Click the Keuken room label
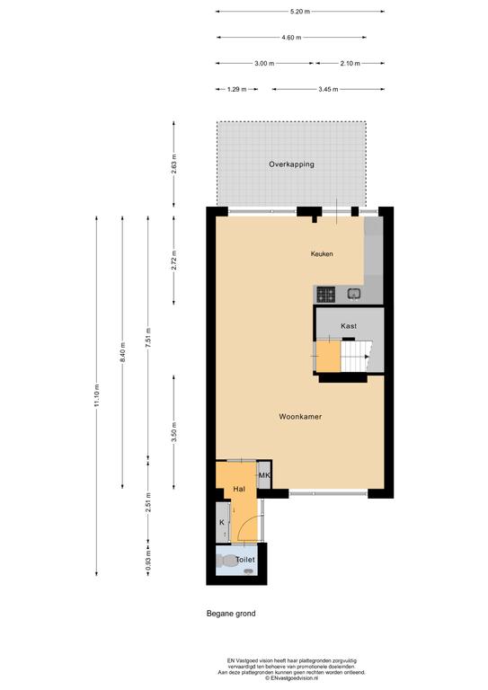[322, 254]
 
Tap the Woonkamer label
[300, 417]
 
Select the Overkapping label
[291, 164]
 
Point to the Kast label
[349, 325]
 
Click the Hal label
[239, 488]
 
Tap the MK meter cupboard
[264, 475]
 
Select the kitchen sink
[353, 294]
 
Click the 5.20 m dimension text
[300, 12]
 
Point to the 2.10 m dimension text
[350, 64]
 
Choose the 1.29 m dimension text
[236, 89]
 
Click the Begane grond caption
[231, 614]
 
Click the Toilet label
[245, 560]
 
